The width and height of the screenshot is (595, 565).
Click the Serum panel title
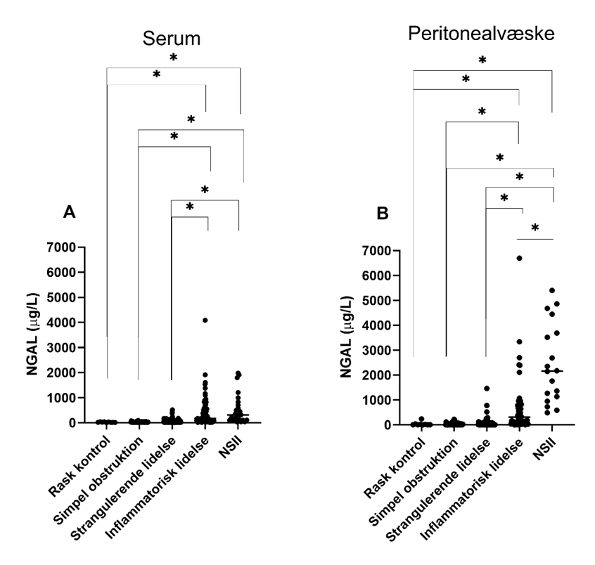click(x=172, y=39)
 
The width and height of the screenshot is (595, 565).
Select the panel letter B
click(x=383, y=212)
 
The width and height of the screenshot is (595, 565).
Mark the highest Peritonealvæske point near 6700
click(x=519, y=258)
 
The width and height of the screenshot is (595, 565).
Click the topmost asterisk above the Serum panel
click(x=173, y=57)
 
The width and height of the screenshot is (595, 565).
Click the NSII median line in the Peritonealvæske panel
click(x=552, y=371)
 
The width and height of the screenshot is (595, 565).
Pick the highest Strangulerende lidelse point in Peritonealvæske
click(x=486, y=388)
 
